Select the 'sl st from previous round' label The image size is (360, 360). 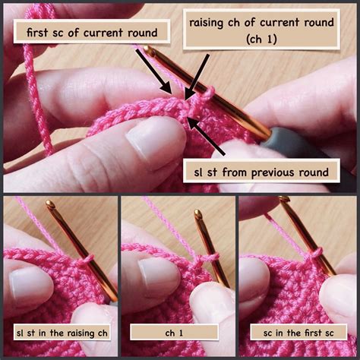click(261, 172)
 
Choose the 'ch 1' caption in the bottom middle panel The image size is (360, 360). click(179, 332)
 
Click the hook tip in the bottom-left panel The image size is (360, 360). click(50, 206)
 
